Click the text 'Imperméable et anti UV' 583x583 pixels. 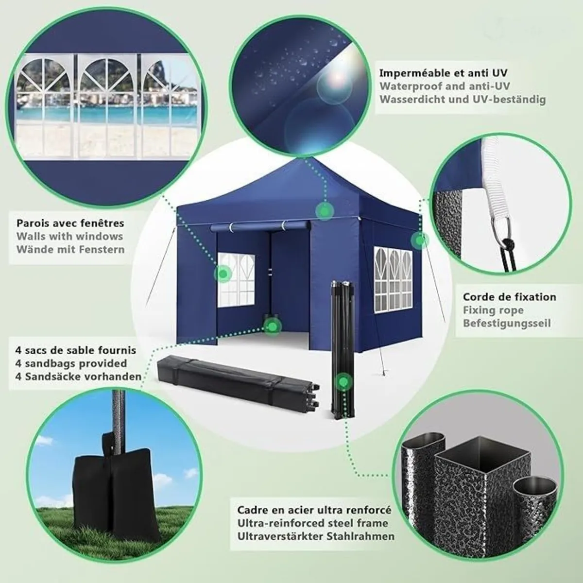click(443, 73)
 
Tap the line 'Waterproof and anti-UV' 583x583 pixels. click(445, 86)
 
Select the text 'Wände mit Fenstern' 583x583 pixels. click(70, 250)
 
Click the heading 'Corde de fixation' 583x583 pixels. click(510, 297)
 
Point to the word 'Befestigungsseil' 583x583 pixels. click(507, 324)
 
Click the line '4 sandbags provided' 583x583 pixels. click(71, 363)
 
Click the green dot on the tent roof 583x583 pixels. click(325, 210)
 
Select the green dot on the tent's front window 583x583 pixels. click(223, 274)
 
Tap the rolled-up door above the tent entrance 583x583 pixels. click(260, 226)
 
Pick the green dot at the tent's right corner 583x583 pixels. click(419, 240)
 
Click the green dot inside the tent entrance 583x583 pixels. click(272, 326)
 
